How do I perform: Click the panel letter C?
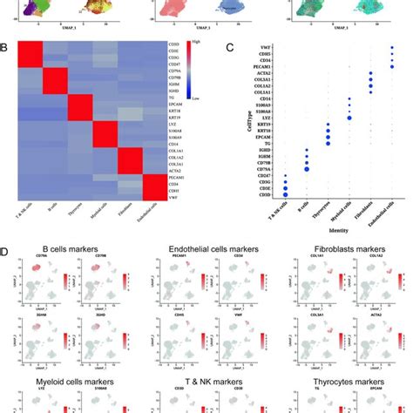tap(227, 50)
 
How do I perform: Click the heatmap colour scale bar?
tap(196, 64)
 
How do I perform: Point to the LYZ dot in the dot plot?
tap(349, 117)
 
